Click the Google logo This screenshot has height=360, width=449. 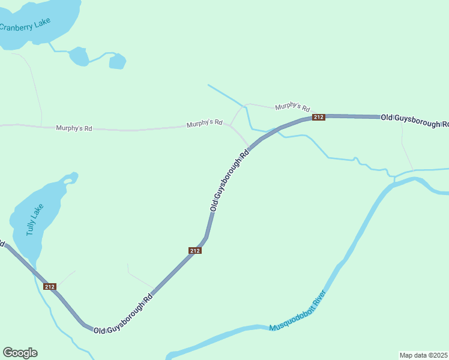click(20, 353)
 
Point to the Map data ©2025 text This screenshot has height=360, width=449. click(423, 355)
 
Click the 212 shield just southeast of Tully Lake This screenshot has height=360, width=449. click(50, 287)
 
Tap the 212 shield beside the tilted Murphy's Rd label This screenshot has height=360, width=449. click(318, 117)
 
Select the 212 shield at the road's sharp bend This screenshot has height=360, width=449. click(194, 250)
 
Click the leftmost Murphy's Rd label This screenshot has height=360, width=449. click(74, 128)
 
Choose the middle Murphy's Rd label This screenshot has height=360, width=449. click(204, 124)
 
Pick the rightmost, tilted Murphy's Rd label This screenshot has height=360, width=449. click(292, 107)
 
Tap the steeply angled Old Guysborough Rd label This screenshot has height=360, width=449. click(229, 181)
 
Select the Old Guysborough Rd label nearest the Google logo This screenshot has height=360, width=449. click(124, 314)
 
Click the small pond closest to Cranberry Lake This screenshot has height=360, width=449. click(79, 56)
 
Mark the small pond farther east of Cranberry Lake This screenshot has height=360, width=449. click(117, 61)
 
